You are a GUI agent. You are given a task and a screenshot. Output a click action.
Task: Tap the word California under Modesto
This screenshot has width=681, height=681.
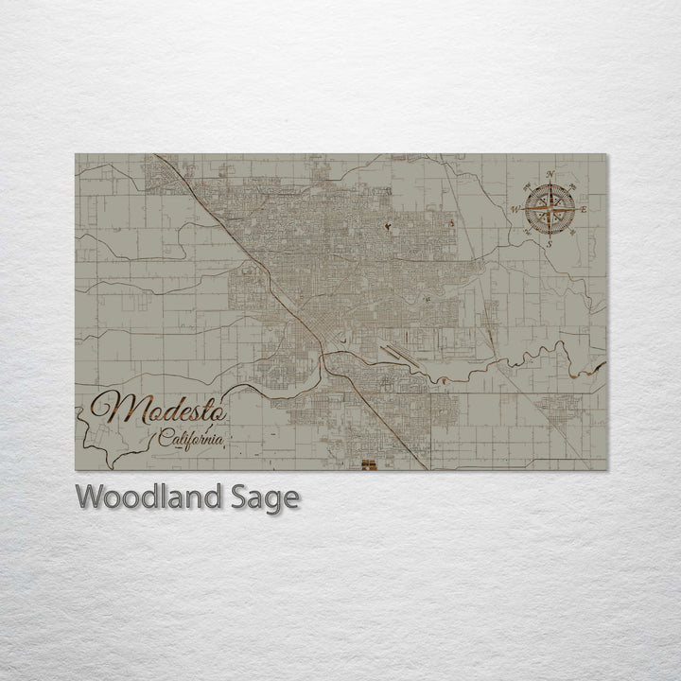coord(192,439)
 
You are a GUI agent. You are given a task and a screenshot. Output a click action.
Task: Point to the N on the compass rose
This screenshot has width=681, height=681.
coord(550,174)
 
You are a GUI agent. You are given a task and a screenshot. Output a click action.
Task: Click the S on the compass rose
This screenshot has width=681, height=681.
coord(548,243)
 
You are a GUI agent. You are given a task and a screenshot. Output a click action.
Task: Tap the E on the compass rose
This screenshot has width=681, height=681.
coord(584,208)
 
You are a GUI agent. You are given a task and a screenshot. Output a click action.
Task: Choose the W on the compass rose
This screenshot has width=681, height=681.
coord(515,209)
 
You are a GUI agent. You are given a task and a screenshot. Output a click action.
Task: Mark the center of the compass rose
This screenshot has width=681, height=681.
coord(549,209)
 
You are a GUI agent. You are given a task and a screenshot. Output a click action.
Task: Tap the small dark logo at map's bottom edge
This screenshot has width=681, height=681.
coord(370,464)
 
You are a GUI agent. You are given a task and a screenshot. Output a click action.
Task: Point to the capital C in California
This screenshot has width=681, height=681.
coord(166,438)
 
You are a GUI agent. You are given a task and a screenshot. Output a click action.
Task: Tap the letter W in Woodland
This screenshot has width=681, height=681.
coord(88,497)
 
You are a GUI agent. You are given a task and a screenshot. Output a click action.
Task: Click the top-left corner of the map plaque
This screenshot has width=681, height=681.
coord(76,154)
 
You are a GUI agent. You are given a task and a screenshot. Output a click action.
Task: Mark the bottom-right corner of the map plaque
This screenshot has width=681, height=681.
coord(607,470)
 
